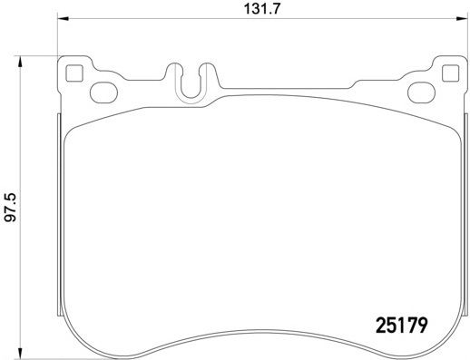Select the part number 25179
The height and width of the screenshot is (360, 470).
(x=401, y=322)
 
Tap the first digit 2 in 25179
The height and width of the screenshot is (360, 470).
(x=381, y=322)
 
